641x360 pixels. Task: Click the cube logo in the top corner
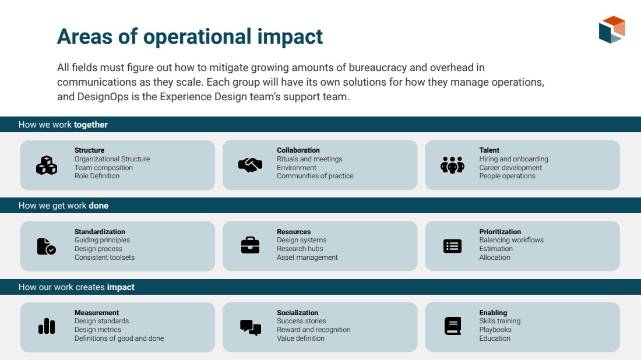click(612, 30)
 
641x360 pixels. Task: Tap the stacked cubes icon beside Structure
click(47, 165)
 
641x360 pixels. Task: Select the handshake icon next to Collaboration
click(250, 165)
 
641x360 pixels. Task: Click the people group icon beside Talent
click(453, 165)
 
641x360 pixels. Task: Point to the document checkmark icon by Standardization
click(46, 246)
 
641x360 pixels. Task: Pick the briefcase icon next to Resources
click(250, 245)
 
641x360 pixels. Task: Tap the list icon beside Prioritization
click(453, 246)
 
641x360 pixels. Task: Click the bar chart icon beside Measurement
click(47, 326)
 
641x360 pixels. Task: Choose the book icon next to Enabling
click(453, 326)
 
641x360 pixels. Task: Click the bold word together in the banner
click(91, 125)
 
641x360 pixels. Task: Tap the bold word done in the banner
click(98, 206)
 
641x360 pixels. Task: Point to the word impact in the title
click(290, 37)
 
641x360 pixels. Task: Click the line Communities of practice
click(315, 176)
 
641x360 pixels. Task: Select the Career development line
click(510, 168)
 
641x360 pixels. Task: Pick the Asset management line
click(308, 257)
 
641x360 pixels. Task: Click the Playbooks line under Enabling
click(495, 330)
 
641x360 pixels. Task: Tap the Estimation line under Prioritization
click(496, 248)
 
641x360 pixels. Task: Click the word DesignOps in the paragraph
click(103, 97)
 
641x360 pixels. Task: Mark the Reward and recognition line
click(314, 330)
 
